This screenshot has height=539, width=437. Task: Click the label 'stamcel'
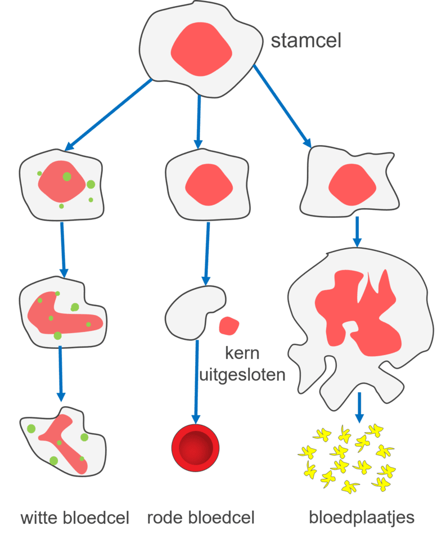click(x=305, y=42)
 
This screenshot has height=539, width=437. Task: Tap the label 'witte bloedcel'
click(x=75, y=518)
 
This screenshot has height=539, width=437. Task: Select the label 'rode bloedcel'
click(x=201, y=518)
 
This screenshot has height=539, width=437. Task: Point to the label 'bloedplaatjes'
click(x=361, y=518)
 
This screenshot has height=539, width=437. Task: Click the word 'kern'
click(x=242, y=354)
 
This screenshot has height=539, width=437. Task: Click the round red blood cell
click(x=195, y=448)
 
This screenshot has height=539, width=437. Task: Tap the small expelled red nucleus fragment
click(x=229, y=326)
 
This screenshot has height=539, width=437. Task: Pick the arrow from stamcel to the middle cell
click(x=199, y=121)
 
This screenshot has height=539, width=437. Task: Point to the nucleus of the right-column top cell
click(x=352, y=184)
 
